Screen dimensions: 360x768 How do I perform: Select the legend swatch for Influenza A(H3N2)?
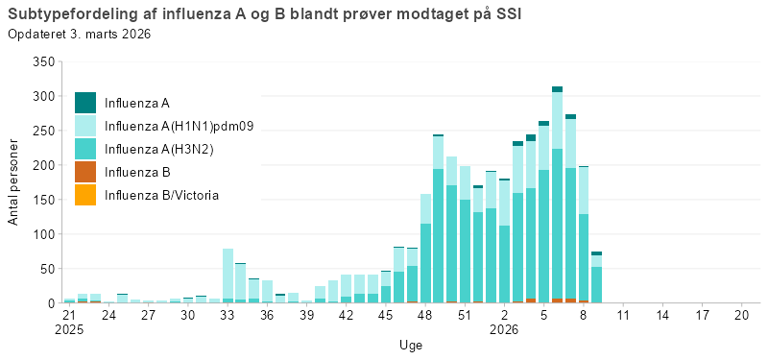(x=85, y=149)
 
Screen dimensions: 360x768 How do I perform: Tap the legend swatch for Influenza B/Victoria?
(x=85, y=195)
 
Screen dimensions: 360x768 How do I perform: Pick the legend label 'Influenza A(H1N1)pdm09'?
(x=179, y=126)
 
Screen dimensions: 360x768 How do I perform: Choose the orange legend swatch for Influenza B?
(x=85, y=172)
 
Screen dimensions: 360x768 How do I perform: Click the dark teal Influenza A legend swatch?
(x=85, y=103)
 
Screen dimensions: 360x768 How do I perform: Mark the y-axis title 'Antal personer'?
(x=13, y=182)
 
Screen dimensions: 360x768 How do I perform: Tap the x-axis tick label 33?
(x=228, y=315)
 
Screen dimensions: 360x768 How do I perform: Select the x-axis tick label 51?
(x=465, y=315)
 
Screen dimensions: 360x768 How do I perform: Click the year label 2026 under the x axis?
(x=505, y=328)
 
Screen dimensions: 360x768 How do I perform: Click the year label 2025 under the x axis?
(x=69, y=328)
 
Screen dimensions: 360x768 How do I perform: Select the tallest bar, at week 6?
(x=557, y=197)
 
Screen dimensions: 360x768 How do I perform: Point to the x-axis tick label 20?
(x=741, y=315)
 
